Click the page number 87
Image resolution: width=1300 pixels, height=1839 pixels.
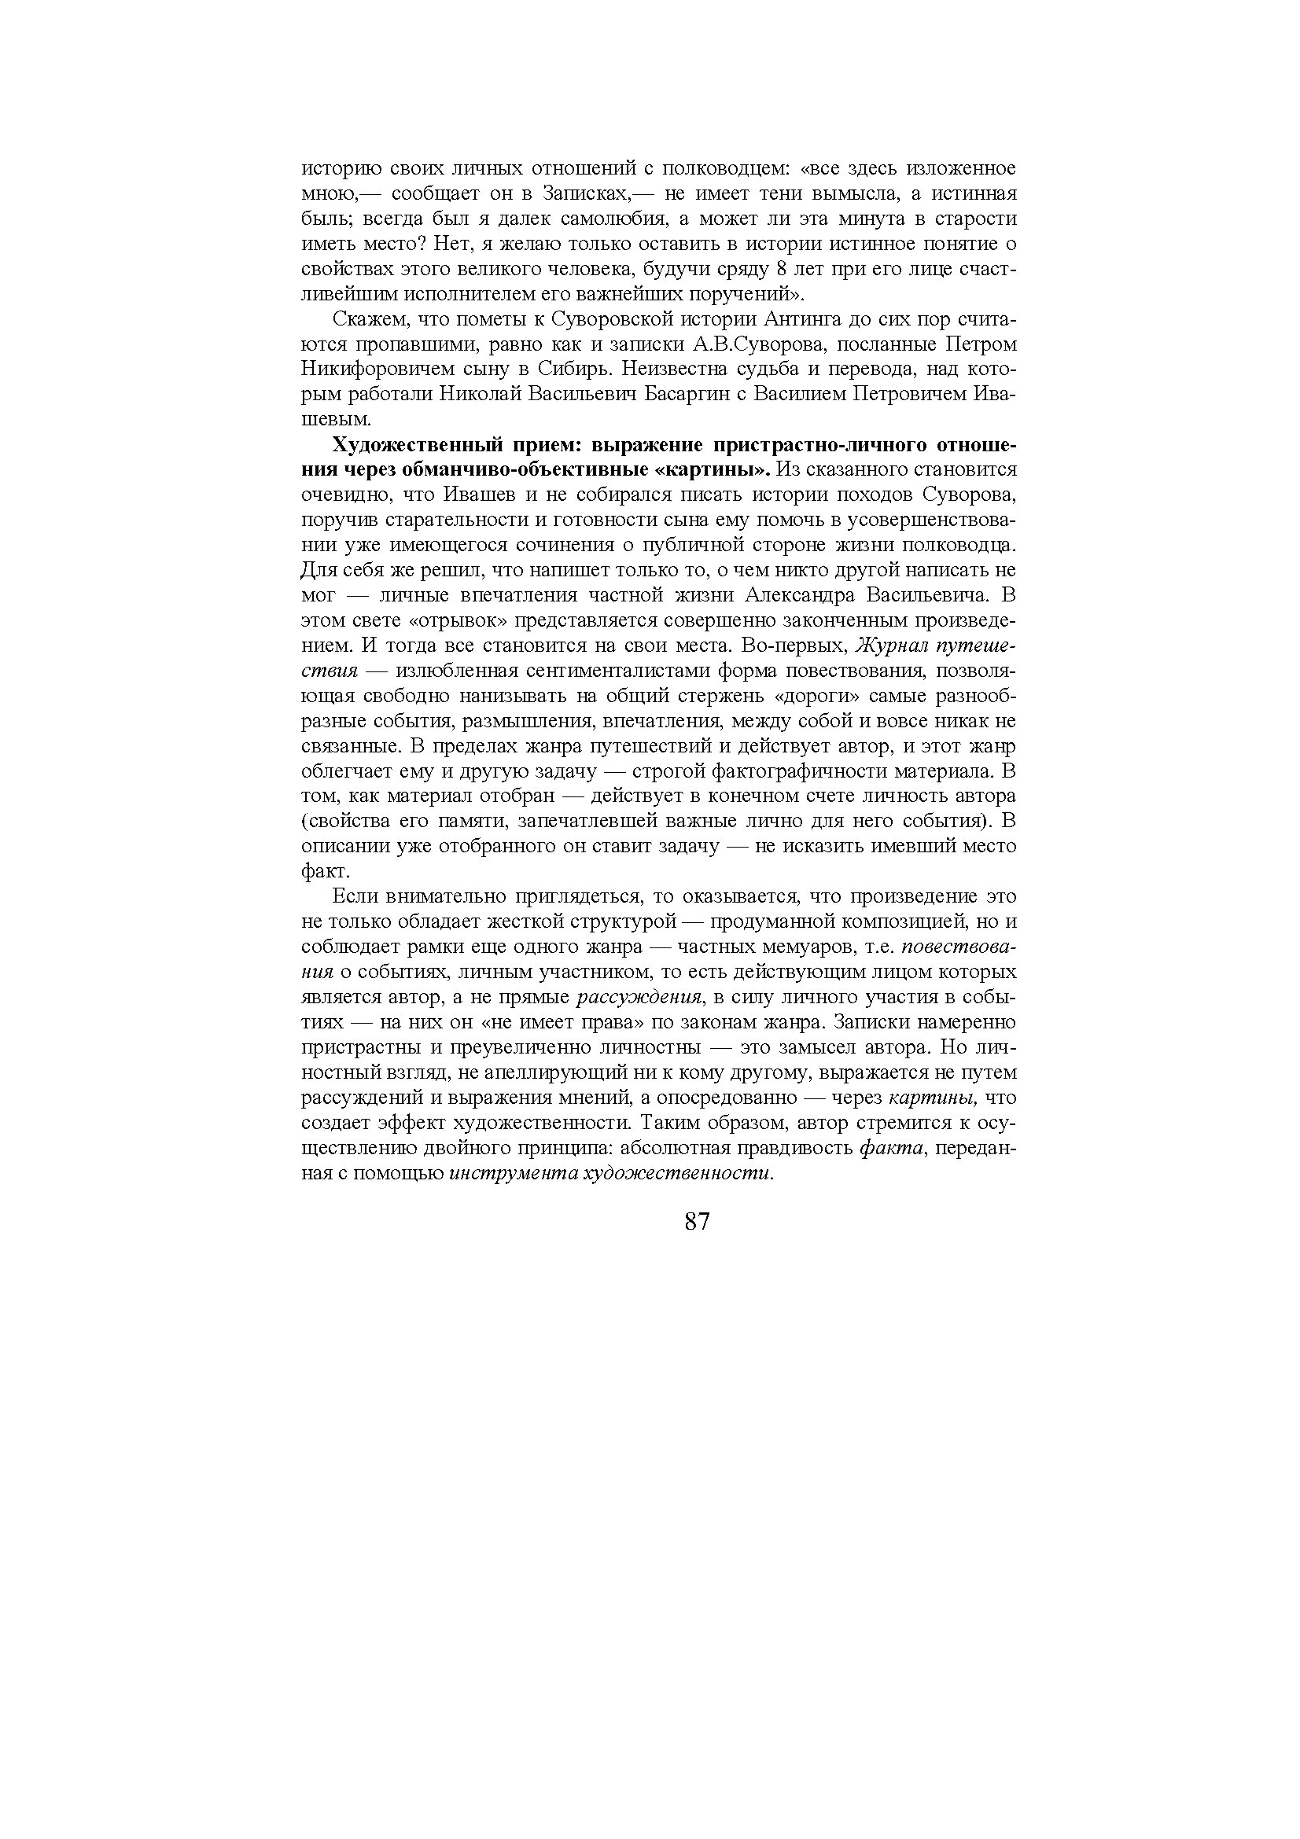(x=697, y=1222)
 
